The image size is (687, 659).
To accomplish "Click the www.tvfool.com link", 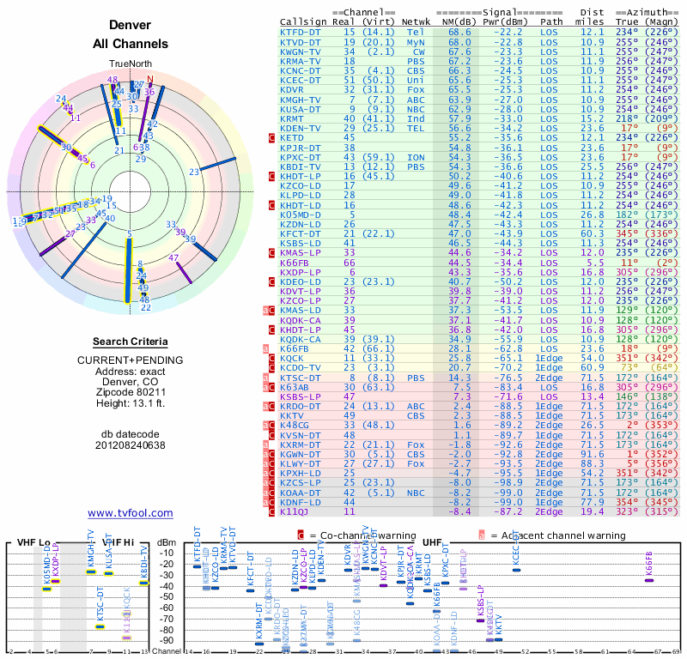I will coord(130,513).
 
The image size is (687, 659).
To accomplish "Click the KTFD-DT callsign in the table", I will coord(301,32).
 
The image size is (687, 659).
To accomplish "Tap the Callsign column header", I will coord(304,21).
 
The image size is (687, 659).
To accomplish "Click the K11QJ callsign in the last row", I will coord(295,511).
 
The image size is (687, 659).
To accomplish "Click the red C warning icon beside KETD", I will coord(272,137).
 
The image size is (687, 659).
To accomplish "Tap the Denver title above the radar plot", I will coord(131,26).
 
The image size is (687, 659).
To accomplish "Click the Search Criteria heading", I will coord(130,342).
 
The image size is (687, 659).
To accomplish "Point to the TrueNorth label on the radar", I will coord(130,64).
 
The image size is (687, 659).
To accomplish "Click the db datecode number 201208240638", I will coord(130,444).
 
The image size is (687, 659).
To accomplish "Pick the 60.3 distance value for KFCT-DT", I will coord(592,233).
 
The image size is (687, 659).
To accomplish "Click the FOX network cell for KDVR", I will coord(416,89).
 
